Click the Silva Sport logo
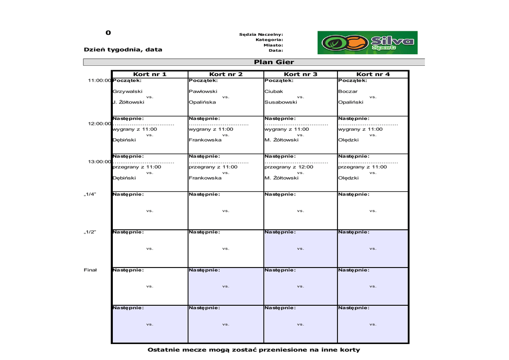point(367,43)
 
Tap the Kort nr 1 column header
point(150,74)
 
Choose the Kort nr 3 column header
point(300,74)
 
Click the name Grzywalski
point(128,91)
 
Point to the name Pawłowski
point(203,91)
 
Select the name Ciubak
point(274,91)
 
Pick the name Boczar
point(348,91)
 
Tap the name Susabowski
point(281,102)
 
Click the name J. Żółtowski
point(129,102)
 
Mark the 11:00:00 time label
point(99,81)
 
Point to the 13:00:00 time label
point(99,162)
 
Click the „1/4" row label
point(90,194)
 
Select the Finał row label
point(90,270)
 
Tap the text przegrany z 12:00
point(289,167)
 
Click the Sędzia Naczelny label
point(261,34)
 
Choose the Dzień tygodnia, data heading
point(123,50)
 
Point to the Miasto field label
point(273,45)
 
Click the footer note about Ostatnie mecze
point(254,350)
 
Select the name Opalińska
point(202,102)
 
